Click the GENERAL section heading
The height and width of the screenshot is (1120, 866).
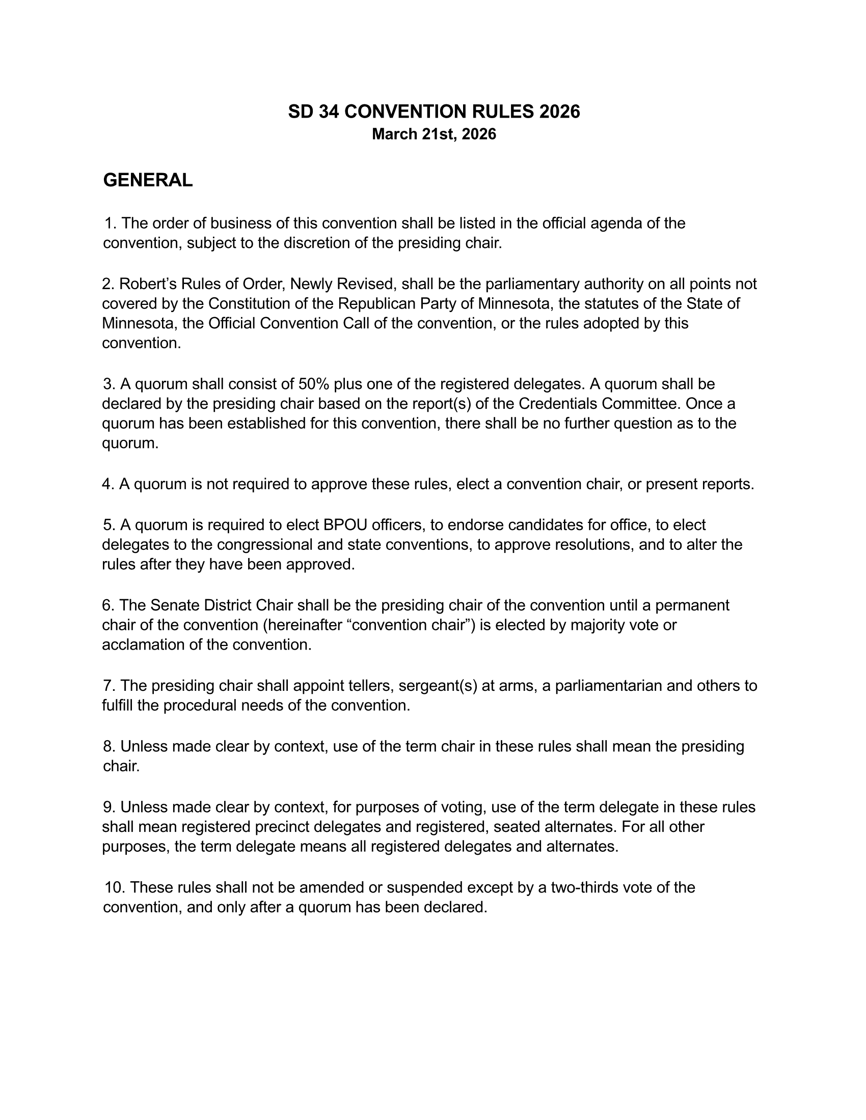coord(148,180)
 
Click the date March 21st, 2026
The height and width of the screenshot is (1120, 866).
coord(434,134)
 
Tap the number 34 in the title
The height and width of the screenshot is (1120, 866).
coord(329,112)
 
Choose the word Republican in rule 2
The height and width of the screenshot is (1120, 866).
coord(376,303)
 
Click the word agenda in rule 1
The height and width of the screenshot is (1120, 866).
coord(614,223)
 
